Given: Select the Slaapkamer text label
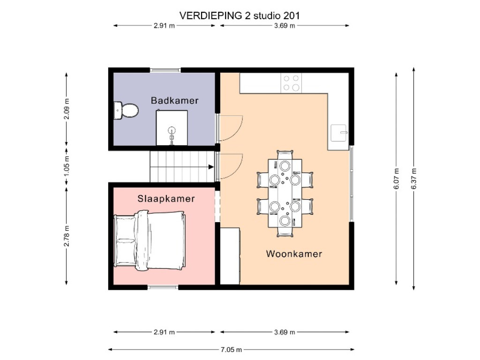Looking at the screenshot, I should click(166, 199).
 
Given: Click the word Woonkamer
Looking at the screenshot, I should click(294, 254).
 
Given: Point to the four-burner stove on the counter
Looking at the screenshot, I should click(291, 83).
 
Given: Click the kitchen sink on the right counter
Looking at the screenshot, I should click(339, 133).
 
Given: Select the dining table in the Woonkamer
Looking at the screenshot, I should click(285, 193).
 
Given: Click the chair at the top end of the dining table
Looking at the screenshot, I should click(285, 155).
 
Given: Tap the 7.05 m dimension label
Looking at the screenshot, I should click(232, 350).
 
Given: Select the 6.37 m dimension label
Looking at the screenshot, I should click(413, 179).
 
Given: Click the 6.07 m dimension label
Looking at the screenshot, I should click(397, 179).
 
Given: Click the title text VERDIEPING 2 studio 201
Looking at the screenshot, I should click(240, 15).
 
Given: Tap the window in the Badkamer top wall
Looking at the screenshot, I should click(165, 70).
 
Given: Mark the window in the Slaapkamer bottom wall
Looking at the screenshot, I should click(163, 287).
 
